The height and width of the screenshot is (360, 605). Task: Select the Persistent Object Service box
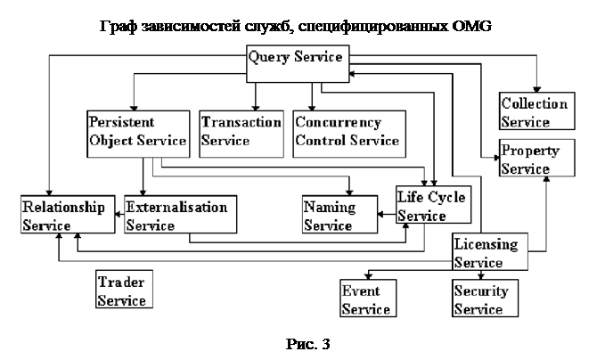coord(137,131)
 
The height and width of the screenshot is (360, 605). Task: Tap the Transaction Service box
coord(241,131)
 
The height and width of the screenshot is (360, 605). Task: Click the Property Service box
coord(531,159)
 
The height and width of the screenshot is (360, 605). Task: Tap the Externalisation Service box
coord(176,216)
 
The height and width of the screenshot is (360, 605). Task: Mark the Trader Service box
coord(122,290)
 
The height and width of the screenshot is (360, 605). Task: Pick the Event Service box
coord(366,299)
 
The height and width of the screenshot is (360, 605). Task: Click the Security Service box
coord(480,299)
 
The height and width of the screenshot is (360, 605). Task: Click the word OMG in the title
coord(470,25)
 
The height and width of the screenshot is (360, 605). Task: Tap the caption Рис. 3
coord(302,344)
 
